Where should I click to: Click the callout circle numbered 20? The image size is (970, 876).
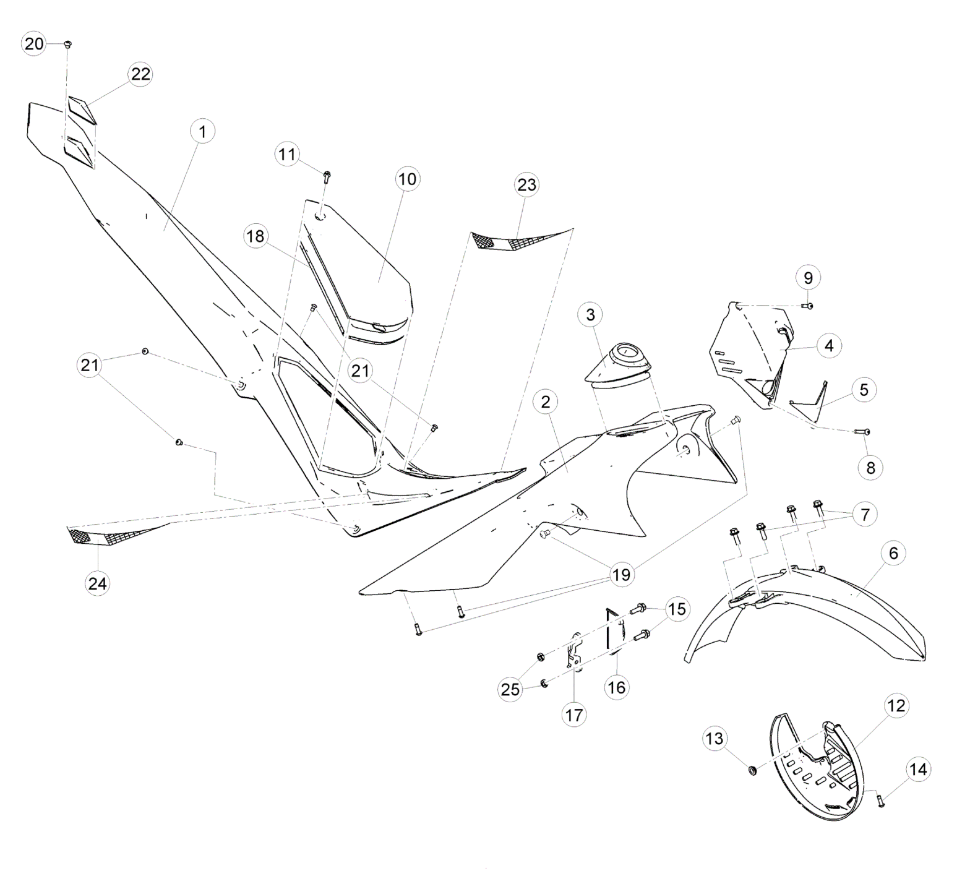pyautogui.click(x=34, y=43)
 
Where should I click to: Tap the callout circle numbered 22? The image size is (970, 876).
pyautogui.click(x=141, y=74)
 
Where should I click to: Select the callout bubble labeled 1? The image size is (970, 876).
pyautogui.click(x=203, y=131)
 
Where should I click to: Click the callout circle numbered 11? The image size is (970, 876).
pyautogui.click(x=287, y=153)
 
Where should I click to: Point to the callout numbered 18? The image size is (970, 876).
pyautogui.click(x=255, y=236)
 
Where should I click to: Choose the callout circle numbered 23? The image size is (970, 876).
pyautogui.click(x=527, y=185)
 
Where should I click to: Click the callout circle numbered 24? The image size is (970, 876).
pyautogui.click(x=98, y=583)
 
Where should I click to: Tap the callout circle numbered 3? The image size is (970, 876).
pyautogui.click(x=590, y=314)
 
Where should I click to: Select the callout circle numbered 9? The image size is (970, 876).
pyautogui.click(x=809, y=278)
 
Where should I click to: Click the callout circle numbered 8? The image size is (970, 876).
pyautogui.click(x=870, y=468)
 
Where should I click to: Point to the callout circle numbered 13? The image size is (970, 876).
pyautogui.click(x=715, y=738)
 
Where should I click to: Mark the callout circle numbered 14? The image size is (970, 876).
pyautogui.click(x=919, y=770)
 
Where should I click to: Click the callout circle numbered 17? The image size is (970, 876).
pyautogui.click(x=574, y=715)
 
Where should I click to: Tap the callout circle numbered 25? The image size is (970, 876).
pyautogui.click(x=510, y=689)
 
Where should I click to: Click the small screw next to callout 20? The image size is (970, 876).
pyautogui.click(x=67, y=44)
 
